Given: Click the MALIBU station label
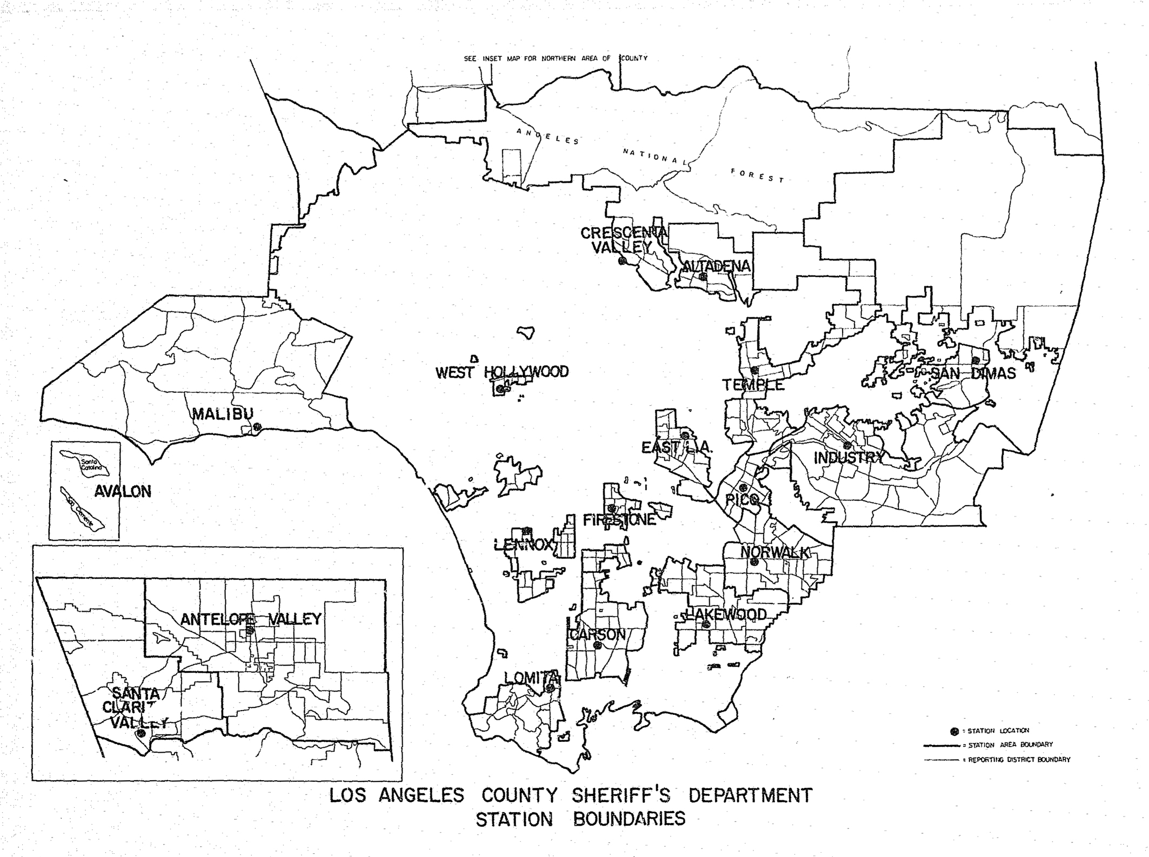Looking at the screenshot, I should click(222, 414).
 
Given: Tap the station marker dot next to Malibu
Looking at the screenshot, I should click(258, 427).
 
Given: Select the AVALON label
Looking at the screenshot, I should click(123, 492).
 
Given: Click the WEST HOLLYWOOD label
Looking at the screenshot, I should click(502, 372).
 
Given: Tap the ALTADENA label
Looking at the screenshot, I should click(716, 266).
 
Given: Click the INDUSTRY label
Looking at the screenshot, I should click(847, 458).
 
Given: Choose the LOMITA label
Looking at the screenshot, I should click(531, 678).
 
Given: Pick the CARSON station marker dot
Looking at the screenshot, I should click(597, 645).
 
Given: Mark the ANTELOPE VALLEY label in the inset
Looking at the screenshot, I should click(251, 619).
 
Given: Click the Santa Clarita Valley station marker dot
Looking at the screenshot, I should click(141, 733).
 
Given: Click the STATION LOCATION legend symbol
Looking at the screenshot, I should click(954, 731).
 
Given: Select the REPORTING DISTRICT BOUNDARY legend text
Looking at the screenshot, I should click(1018, 760).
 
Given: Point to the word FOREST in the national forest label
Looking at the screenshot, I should click(757, 176).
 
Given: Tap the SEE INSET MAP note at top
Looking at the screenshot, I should click(555, 58).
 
